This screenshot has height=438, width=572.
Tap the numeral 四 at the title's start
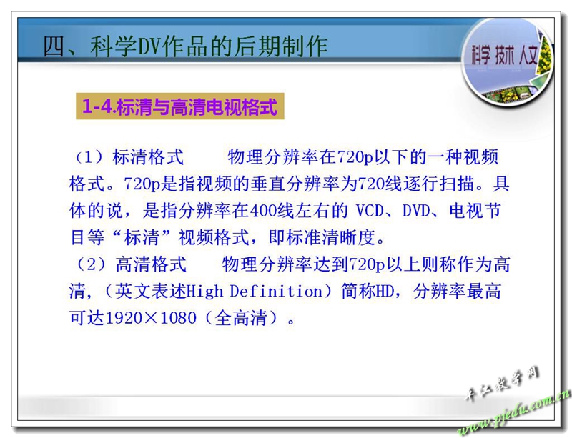(x=54, y=47)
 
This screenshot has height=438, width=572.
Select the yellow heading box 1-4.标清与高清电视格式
(x=180, y=106)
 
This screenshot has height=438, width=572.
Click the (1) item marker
(x=89, y=157)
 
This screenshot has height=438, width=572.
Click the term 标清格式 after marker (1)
(x=148, y=157)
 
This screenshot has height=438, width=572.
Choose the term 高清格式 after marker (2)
(x=151, y=264)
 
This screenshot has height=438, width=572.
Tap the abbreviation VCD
(x=370, y=211)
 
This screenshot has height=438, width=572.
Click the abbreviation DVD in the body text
(x=416, y=211)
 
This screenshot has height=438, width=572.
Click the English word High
(x=204, y=292)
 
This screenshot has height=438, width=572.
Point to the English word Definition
(x=276, y=292)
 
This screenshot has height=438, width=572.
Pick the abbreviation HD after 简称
(x=385, y=292)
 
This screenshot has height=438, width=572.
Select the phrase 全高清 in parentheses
(x=241, y=318)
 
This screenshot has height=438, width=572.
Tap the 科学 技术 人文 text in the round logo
(x=505, y=56)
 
